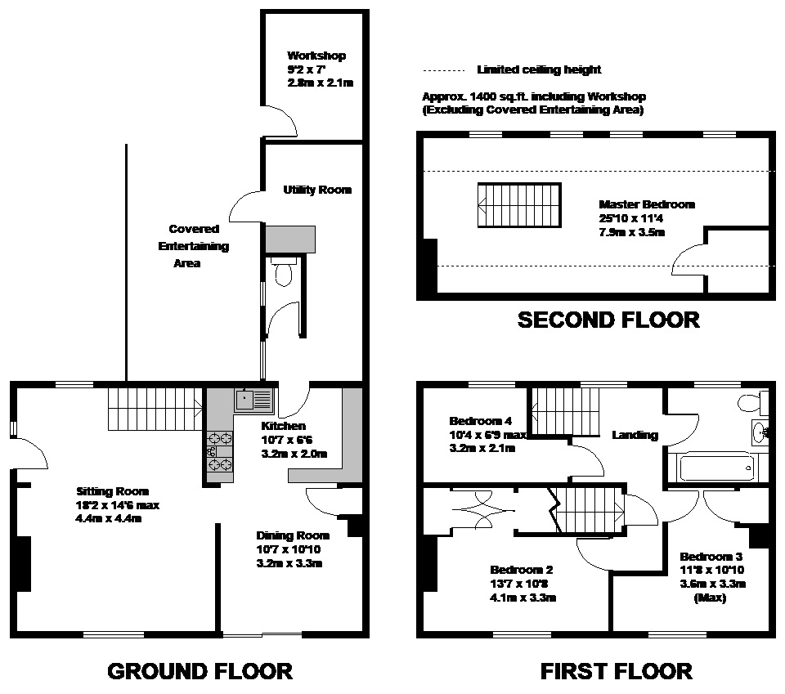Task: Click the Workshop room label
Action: [316, 56]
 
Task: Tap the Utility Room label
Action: [317, 190]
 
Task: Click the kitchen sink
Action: [253, 400]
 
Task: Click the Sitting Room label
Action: [113, 491]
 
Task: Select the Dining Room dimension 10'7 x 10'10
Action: [293, 550]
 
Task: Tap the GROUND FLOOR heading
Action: [200, 672]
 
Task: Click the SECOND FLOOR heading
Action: [608, 320]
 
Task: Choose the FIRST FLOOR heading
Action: [616, 672]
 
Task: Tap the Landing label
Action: [635, 435]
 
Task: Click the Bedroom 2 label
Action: [522, 569]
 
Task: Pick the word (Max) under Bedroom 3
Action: [709, 598]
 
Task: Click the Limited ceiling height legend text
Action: [539, 70]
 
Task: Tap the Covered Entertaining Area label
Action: [193, 246]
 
